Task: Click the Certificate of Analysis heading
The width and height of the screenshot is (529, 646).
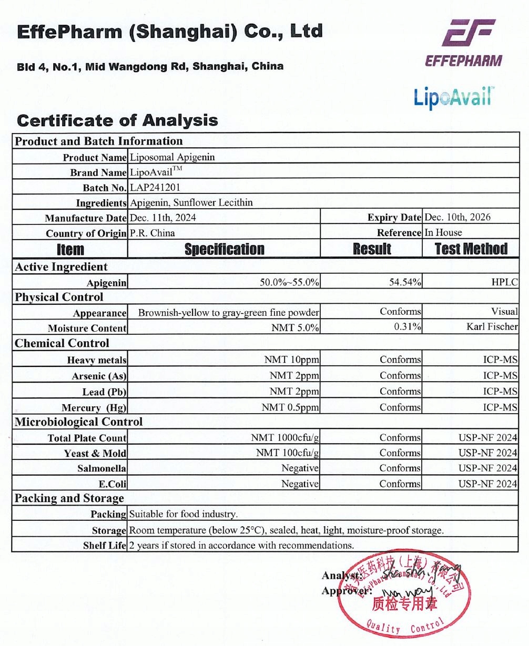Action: click(117, 120)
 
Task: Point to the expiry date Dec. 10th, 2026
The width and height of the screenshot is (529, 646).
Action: click(457, 217)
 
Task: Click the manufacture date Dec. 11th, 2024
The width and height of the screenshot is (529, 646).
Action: click(162, 218)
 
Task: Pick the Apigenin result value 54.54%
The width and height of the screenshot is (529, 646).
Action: click(405, 282)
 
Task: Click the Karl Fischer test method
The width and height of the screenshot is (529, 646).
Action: click(492, 327)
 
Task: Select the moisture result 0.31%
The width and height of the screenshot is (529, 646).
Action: click(408, 327)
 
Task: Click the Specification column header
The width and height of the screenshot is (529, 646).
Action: click(224, 249)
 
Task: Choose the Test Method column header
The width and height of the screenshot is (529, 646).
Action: click(471, 249)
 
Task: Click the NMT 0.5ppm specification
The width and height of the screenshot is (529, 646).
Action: click(290, 407)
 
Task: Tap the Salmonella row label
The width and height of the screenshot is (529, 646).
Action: click(101, 468)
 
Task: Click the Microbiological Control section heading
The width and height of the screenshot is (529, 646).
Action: click(78, 422)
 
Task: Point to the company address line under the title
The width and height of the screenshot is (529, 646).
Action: click(150, 67)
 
